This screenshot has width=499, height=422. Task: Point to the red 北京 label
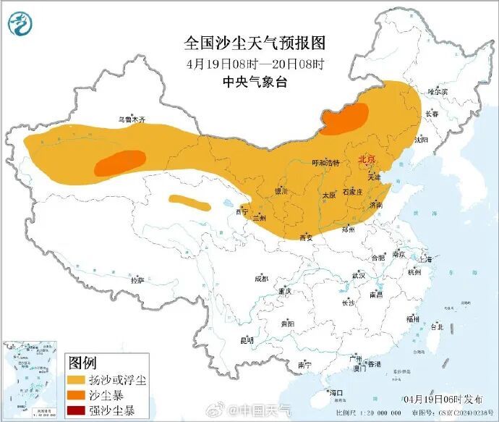click(367, 159)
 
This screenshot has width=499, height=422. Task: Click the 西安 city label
click(306, 237)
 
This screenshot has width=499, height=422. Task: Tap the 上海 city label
click(425, 259)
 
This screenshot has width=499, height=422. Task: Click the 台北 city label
click(436, 326)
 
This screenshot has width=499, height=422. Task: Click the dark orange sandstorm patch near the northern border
click(345, 118)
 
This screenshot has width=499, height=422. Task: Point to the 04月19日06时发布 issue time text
click(440, 400)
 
